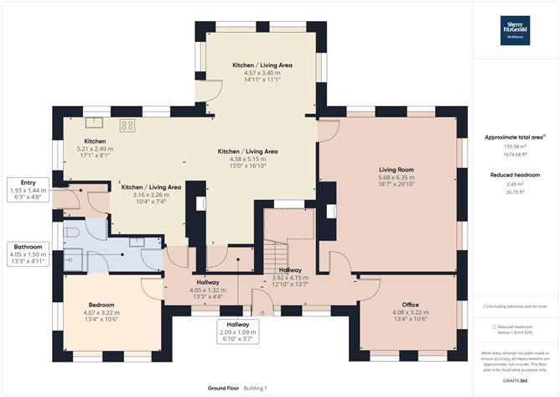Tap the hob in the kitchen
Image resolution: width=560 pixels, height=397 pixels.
128,126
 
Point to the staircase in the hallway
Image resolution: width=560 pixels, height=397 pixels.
276,248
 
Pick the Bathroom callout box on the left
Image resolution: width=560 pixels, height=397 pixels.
27,254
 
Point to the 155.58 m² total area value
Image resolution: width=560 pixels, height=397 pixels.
516,146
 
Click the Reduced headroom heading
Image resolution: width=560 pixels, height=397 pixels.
516,175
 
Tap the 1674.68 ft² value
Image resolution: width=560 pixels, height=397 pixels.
516,154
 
